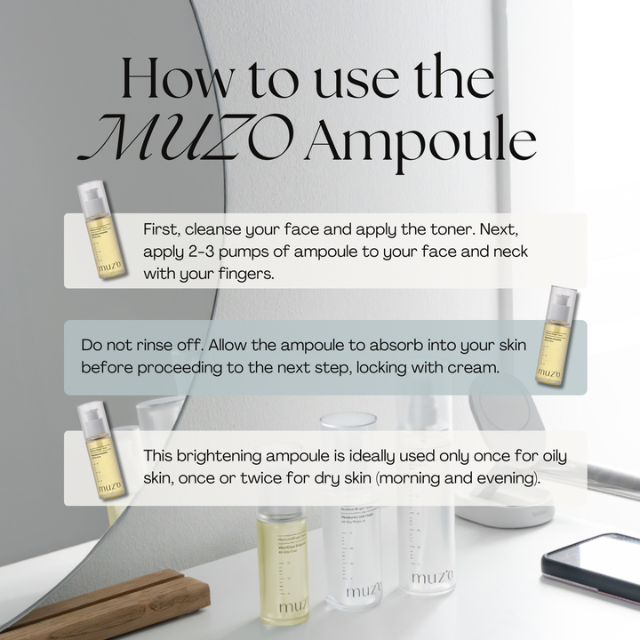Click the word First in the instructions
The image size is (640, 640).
point(161,229)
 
